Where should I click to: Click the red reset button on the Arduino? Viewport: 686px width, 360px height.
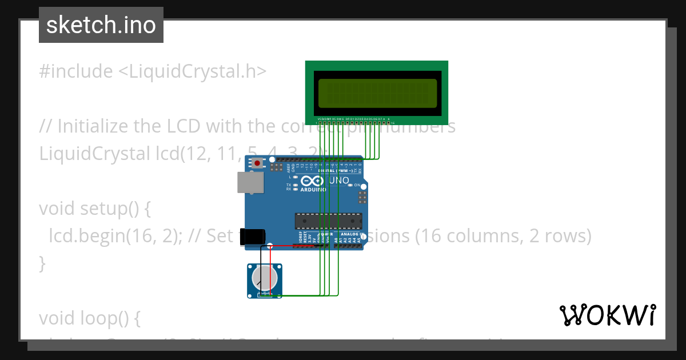(257, 163)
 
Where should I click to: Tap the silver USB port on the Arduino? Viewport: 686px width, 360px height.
(250, 182)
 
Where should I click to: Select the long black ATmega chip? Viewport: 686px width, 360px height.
(328, 221)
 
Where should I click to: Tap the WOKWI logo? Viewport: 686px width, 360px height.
(608, 315)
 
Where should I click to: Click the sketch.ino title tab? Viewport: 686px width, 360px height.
(101, 25)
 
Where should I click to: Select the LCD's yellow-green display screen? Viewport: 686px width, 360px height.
(377, 93)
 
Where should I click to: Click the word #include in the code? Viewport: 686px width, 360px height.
(76, 71)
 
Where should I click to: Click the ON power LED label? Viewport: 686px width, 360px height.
(357, 185)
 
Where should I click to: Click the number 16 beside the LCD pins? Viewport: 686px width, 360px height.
(393, 123)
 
